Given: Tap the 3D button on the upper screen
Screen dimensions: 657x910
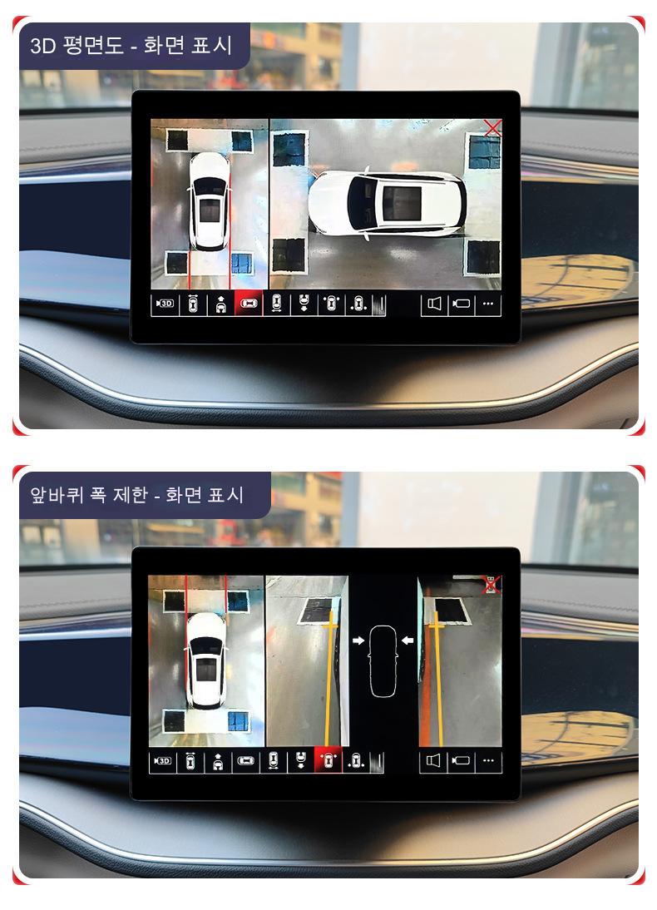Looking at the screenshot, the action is point(165,304).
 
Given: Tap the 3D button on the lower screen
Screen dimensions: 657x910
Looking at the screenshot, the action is point(162,761).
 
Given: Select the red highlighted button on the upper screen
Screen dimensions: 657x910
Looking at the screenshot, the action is point(248,304).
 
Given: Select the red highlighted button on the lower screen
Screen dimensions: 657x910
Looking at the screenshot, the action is point(328,760).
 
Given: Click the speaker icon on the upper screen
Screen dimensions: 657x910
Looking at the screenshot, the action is point(434,304).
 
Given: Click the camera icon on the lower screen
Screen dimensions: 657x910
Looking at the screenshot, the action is point(461,761).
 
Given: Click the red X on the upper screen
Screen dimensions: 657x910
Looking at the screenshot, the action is point(492,127).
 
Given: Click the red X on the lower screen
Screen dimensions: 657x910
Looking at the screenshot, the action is point(492,585).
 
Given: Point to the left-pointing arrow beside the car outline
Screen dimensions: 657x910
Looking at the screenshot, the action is point(408,640).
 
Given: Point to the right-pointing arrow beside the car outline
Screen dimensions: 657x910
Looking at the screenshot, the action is point(358,640).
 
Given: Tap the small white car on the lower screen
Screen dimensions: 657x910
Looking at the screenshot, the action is point(206,660).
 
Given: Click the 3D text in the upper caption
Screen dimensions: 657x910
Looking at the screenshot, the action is point(43,45).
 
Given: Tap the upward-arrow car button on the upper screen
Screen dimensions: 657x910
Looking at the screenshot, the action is point(220,304).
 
